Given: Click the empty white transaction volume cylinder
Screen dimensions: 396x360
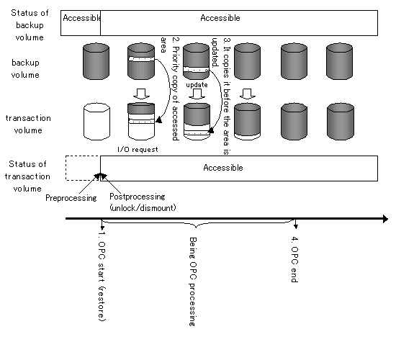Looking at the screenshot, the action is coord(96,121).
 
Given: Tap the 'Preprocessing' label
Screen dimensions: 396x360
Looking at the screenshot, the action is coord(71,198).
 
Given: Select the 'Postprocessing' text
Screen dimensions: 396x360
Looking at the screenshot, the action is coord(138,197).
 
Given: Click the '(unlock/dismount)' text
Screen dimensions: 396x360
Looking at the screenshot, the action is coord(143,208).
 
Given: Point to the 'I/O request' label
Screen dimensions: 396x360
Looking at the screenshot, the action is coord(138,150).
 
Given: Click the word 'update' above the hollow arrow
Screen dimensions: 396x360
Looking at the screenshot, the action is coord(197,85).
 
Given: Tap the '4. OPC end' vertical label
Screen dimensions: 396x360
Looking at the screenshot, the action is coord(294,259).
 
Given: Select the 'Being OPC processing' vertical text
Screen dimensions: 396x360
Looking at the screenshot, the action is coord(193,282).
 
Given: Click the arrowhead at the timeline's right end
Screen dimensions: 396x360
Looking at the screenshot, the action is coord(385,219).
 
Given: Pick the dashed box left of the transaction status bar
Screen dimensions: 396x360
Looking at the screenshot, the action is coord(83,168).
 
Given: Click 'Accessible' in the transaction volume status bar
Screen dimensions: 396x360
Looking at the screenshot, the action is coord(223,168).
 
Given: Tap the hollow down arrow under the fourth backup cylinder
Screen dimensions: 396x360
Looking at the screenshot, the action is coord(247,94).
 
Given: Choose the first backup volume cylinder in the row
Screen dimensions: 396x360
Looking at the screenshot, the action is coord(96,61).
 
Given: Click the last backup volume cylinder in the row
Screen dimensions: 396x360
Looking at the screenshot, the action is coord(339,61).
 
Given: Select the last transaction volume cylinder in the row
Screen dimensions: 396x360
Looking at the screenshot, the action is coord(341,121).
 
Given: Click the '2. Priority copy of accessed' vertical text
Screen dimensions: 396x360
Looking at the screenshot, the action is coord(176,89).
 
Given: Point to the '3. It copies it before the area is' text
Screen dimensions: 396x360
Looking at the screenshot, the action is coord(227,96).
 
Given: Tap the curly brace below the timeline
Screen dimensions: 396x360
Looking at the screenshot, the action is coord(197,224).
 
